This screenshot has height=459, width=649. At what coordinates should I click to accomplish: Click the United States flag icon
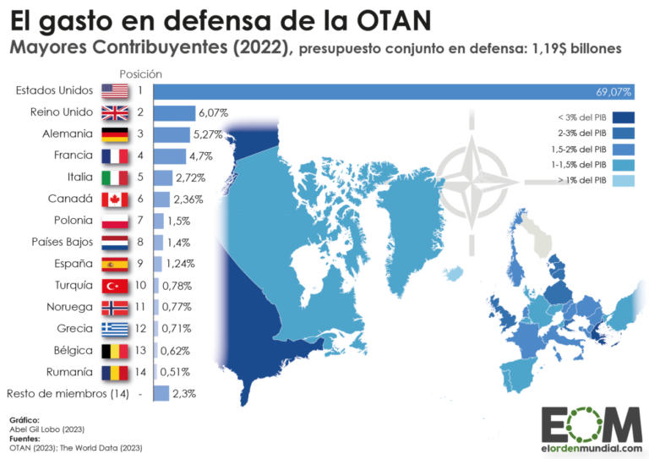point(113,90)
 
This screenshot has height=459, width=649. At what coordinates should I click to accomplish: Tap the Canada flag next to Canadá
point(113,199)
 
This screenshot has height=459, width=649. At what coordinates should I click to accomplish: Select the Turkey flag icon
point(113,286)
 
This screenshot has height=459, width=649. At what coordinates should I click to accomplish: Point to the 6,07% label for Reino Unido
point(213,112)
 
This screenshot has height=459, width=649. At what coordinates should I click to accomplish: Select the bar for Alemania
point(171,134)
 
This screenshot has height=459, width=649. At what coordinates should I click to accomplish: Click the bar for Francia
point(169,156)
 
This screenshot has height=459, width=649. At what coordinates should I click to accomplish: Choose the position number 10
point(140,286)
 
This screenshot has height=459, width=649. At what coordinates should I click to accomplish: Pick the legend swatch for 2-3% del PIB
point(624,133)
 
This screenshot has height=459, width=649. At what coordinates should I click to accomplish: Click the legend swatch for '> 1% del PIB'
point(624,179)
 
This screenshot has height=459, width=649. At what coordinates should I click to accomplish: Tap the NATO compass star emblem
point(483,170)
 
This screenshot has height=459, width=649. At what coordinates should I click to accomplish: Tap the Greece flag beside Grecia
point(113,329)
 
